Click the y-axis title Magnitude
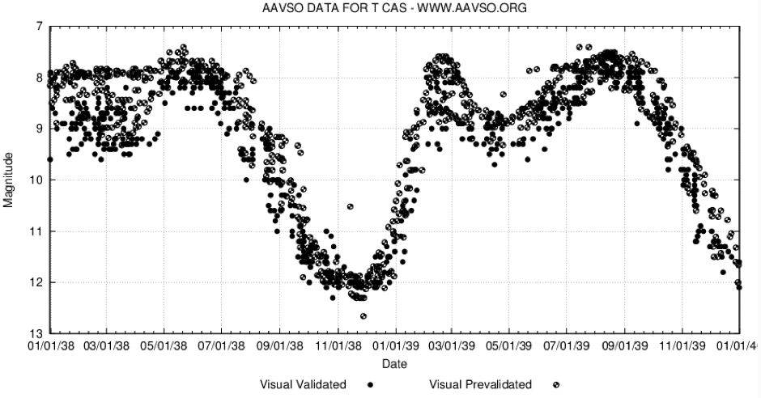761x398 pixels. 9,180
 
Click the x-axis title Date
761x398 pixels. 395,363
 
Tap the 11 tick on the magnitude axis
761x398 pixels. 37,231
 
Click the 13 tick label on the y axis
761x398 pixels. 37,333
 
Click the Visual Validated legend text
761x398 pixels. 304,384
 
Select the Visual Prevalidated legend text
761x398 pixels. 480,384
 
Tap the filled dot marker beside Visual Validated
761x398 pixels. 370,384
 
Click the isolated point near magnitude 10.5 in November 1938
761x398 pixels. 350,207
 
